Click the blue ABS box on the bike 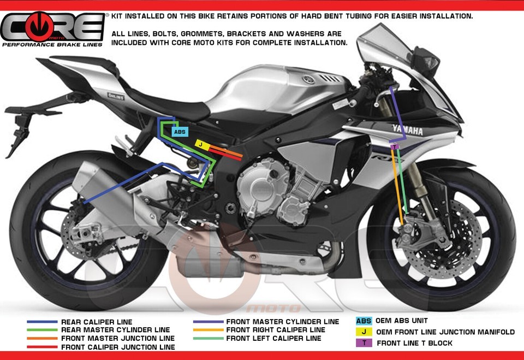pos(180,132)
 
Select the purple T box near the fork pos(394,146)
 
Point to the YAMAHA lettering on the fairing pos(407,131)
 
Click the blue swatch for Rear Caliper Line pos(42,322)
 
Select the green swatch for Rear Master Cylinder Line pos(42,331)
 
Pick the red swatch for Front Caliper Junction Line pos(42,347)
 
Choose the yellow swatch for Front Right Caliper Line pos(208,330)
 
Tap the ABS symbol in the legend pos(364,321)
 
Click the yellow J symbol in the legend pos(364,332)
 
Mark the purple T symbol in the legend pos(364,343)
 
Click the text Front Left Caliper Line pos(274,339)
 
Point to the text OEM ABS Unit pos(402,321)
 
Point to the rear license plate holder pos(16,131)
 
